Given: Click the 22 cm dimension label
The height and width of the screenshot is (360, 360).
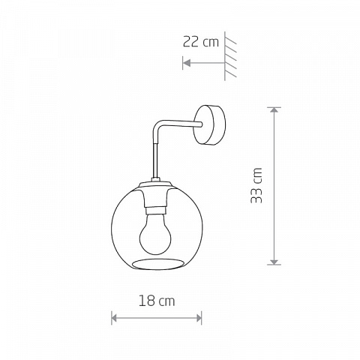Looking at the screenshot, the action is [x=201, y=42].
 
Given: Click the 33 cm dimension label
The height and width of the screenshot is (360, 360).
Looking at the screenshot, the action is [x=256, y=185].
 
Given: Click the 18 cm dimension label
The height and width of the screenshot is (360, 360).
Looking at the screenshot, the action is [x=157, y=301].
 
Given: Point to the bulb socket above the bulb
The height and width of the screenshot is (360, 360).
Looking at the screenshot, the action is [x=156, y=210].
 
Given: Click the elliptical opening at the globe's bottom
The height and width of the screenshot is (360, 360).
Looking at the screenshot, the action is [x=157, y=265].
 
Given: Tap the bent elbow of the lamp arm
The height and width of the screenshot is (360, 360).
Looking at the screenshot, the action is [x=157, y=126].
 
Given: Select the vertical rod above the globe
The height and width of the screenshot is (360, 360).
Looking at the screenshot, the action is [x=155, y=160].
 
